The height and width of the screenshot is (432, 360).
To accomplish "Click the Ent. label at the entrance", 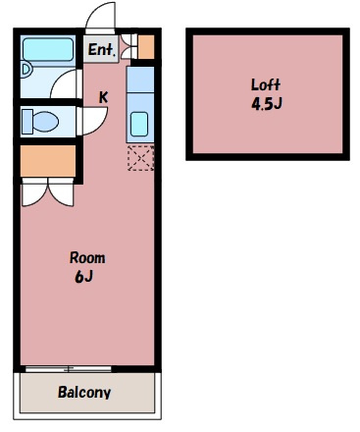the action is pyautogui.click(x=102, y=50).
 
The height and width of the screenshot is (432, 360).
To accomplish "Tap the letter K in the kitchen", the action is pyautogui.click(x=104, y=97).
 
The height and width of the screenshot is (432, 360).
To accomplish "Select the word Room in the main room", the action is pyautogui.click(x=87, y=258).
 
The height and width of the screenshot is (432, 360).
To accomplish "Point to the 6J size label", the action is pyautogui.click(x=84, y=277).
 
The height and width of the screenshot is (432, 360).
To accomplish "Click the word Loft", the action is pyautogui.click(x=266, y=84).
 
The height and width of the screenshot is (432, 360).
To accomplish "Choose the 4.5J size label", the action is pyautogui.click(x=267, y=104).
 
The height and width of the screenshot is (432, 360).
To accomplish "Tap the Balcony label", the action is pyautogui.click(x=84, y=392).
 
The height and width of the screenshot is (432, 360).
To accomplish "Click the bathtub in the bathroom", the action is pyautogui.click(x=48, y=49).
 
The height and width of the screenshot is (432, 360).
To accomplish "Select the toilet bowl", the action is pyautogui.click(x=45, y=122).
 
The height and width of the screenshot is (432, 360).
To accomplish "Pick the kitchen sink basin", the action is pyautogui.click(x=139, y=124).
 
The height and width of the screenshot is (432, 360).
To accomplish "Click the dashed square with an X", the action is pyautogui.click(x=140, y=158).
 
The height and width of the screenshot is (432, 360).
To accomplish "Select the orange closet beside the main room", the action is pyautogui.click(x=48, y=161).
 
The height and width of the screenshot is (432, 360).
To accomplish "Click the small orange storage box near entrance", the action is pyautogui.click(x=146, y=47).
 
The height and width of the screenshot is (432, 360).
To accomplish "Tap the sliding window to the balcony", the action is pyautogui.click(x=69, y=369).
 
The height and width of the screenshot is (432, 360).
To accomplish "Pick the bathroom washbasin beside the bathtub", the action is pyautogui.click(x=26, y=70).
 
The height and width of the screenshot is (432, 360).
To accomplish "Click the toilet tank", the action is pyautogui.click(x=27, y=122).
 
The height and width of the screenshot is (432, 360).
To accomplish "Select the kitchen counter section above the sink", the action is pyautogui.click(x=140, y=80).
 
